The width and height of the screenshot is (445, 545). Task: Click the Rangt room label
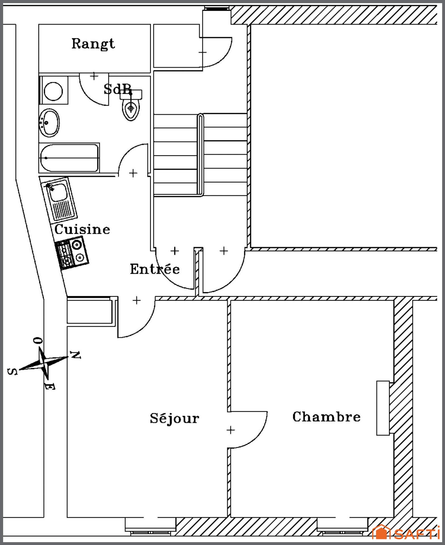[93, 44]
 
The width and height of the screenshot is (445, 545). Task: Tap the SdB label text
[118, 89]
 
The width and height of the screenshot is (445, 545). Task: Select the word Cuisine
[82, 229]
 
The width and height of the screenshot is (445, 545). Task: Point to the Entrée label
[155, 269]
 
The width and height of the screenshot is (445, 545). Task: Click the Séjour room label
[174, 418]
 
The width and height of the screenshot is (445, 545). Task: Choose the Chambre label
[326, 417]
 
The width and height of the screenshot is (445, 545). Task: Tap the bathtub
[69, 158]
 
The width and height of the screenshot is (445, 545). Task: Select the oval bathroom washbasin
[49, 123]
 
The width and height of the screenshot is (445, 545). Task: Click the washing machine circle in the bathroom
[54, 91]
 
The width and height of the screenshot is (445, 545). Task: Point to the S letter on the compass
[12, 372]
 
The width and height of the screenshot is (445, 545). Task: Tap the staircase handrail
[200, 155]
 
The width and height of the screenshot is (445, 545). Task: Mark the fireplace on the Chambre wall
[383, 408]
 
